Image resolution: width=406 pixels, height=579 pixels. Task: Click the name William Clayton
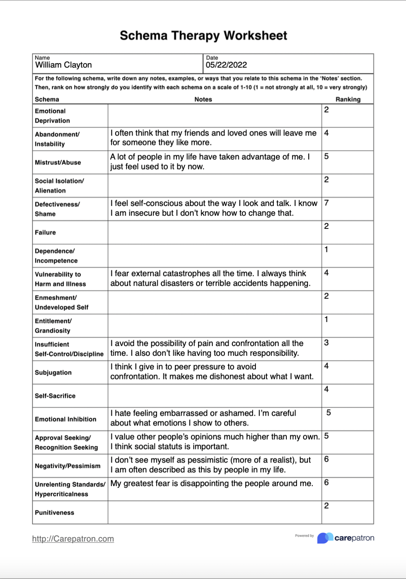[63, 65]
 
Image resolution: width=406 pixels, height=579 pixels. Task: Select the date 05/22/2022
[226, 65]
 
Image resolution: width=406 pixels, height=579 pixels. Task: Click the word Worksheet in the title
[255, 36]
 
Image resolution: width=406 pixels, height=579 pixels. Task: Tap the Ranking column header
[348, 99]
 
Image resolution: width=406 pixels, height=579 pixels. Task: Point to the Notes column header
[203, 99]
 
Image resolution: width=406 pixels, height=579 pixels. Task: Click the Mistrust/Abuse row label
[58, 162]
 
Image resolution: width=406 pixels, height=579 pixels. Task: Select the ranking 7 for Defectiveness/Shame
[326, 203]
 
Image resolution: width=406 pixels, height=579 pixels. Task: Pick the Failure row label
[45, 232]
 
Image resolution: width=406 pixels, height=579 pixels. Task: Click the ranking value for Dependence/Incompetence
[326, 250]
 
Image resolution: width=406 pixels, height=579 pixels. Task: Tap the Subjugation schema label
[53, 373]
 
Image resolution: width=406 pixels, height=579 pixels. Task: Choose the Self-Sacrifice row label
[55, 396]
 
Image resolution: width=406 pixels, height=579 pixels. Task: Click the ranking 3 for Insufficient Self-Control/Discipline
[326, 343]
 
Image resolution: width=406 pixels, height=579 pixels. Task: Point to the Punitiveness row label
[55, 513]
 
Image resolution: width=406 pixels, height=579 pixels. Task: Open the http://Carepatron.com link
[73, 539]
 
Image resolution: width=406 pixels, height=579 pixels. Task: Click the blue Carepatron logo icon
[325, 538]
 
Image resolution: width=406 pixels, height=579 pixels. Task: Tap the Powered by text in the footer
[304, 536]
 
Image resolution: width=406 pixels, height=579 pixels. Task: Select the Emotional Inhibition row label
[65, 419]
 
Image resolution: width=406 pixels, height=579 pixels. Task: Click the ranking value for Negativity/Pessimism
[326, 459]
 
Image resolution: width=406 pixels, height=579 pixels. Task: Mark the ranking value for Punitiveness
[326, 506]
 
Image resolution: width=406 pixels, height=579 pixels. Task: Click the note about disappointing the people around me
[212, 484]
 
